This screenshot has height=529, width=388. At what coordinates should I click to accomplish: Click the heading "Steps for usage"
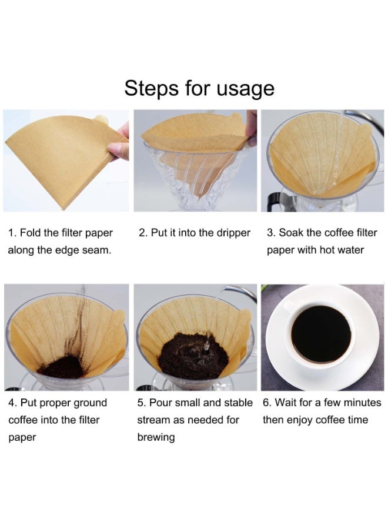point(199,88)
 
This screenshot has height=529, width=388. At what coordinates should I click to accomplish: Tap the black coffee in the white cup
point(321,334)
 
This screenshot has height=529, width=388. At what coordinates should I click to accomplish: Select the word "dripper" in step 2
point(231,233)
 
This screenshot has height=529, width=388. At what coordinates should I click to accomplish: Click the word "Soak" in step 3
point(292,233)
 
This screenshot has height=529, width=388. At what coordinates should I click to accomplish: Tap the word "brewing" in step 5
point(156,437)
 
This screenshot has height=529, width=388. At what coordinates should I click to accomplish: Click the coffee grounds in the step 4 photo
point(62,367)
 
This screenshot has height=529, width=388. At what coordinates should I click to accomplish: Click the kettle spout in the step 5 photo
point(233,289)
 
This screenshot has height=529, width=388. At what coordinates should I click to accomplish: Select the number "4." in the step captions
point(12,403)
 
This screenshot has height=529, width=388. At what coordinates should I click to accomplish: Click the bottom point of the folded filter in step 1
point(63,207)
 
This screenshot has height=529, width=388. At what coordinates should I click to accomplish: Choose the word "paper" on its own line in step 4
point(22,438)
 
